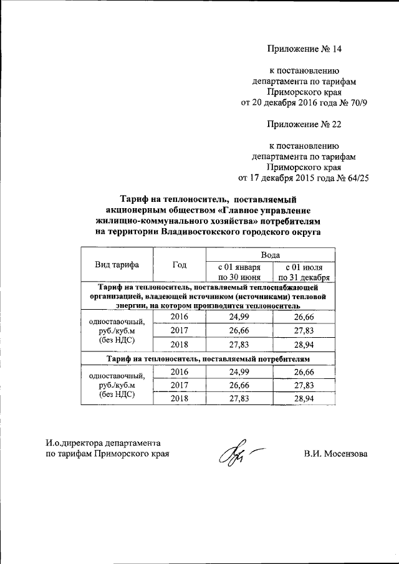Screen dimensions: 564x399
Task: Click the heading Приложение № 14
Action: point(305,48)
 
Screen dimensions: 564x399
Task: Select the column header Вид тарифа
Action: point(117,264)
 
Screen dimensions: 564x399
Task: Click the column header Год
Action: point(180,264)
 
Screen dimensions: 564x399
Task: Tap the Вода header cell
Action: point(270,254)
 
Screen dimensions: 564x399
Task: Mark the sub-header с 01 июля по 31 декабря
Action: point(304,272)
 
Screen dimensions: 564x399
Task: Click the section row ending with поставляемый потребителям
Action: point(208,359)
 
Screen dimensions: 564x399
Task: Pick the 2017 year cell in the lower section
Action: point(180,385)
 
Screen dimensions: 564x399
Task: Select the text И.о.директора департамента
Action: point(99,442)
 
